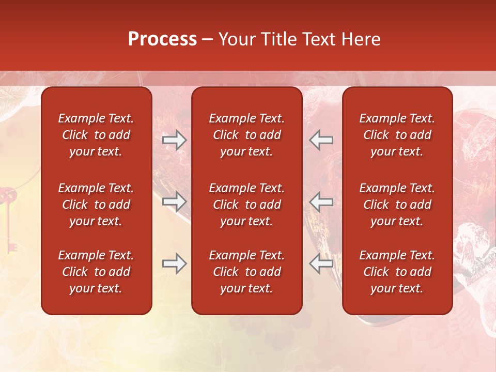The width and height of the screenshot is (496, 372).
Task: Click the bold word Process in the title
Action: (162, 39)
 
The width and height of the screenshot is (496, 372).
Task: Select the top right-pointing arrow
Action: (175, 139)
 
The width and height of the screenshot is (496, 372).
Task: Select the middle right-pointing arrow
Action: (175, 201)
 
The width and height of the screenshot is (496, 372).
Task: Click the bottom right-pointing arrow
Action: (175, 263)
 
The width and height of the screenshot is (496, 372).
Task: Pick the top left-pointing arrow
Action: (321, 139)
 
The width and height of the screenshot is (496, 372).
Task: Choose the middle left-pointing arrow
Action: (321, 201)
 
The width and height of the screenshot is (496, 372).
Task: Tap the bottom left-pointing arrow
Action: (321, 263)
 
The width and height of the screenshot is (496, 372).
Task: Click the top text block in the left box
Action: (96, 135)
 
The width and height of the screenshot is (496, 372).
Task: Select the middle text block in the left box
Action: (96, 205)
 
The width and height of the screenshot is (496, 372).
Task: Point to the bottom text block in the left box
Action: (96, 272)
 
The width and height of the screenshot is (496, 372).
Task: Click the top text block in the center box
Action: (246, 135)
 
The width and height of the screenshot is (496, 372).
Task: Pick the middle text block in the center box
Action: (246, 205)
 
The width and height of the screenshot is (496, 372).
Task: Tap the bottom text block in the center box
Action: (246, 272)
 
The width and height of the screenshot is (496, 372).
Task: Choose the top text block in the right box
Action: (397, 135)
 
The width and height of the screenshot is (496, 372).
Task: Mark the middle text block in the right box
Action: (397, 205)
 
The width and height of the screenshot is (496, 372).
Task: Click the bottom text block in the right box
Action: (397, 272)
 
